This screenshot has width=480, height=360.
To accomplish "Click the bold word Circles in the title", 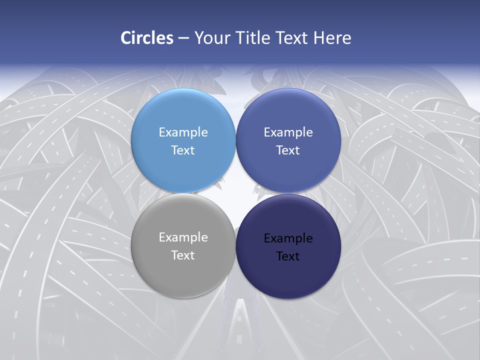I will [147, 38].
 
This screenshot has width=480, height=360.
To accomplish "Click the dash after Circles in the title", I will [183, 38].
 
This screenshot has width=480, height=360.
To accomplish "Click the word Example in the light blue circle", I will [183, 132].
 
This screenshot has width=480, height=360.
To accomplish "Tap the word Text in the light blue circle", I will [183, 150].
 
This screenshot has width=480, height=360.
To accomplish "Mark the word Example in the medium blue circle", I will [288, 132].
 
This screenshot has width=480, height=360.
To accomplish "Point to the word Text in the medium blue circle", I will [288, 150].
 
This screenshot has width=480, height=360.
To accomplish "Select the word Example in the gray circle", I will [183, 237].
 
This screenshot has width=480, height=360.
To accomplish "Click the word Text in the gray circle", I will [183, 255].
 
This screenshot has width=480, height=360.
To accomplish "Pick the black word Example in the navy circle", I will [288, 238].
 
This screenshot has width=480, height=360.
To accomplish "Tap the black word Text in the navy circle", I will [288, 256].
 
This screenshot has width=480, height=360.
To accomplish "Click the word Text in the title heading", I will [292, 38].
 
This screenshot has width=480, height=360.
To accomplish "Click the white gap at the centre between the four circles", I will [235, 193].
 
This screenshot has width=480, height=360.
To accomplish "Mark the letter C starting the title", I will [125, 38].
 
